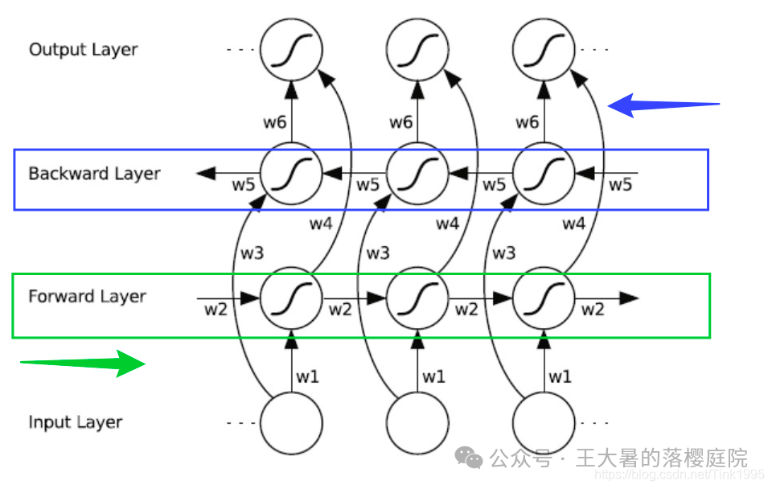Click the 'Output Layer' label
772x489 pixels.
[83, 50]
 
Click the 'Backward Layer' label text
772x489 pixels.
[94, 174]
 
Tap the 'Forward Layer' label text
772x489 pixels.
[87, 297]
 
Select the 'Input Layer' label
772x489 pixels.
[76, 422]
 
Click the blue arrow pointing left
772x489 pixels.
[663, 105]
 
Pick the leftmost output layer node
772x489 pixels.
[291, 50]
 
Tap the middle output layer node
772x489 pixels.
[417, 50]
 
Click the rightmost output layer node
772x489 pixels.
[544, 50]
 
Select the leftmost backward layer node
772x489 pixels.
[291, 173]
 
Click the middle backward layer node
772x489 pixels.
[417, 173]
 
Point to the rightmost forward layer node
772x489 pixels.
[544, 298]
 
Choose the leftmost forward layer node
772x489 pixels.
[291, 298]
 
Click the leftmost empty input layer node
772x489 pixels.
[291, 422]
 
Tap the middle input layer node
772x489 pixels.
[417, 422]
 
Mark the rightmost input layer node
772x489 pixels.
[544, 422]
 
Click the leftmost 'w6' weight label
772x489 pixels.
[274, 122]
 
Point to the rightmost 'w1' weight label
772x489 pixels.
[560, 376]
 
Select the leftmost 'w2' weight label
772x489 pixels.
[215, 309]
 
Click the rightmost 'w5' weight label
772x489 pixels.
[620, 185]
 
